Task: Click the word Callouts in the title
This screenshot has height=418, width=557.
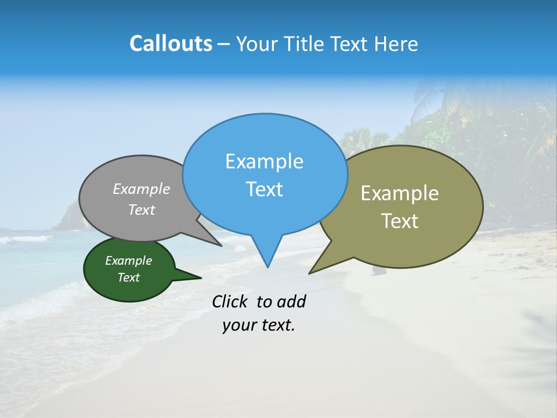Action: [171, 44]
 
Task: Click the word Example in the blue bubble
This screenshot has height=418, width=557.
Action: [264, 161]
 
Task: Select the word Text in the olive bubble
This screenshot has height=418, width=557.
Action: [400, 221]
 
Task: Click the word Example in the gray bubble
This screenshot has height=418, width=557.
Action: [142, 189]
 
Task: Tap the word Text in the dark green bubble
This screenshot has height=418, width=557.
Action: [129, 278]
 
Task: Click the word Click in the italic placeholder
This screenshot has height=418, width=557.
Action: [231, 302]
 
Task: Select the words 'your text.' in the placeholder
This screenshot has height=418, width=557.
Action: [259, 326]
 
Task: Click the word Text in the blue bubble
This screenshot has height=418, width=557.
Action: [265, 189]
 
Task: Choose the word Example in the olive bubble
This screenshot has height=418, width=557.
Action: [400, 193]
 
